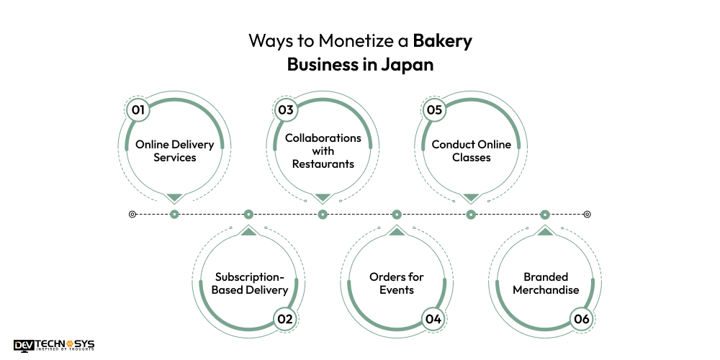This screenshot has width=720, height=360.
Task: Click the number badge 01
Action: (x=136, y=109)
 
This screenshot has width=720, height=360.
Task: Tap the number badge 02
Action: (x=285, y=318)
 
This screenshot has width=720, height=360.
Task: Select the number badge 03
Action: (x=285, y=109)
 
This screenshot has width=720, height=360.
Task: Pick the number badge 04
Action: (x=433, y=318)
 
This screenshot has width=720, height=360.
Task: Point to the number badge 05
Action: (x=433, y=109)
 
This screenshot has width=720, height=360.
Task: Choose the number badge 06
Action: (x=580, y=318)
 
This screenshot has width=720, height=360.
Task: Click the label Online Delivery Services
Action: (x=175, y=150)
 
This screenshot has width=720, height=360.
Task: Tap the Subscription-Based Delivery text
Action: (x=249, y=284)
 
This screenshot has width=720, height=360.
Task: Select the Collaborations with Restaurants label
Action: (x=323, y=150)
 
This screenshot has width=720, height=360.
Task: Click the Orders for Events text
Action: (x=397, y=284)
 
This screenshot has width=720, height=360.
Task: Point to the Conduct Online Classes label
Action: (x=471, y=150)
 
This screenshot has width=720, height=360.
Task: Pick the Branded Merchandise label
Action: (x=545, y=284)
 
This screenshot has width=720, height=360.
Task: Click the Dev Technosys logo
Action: (x=54, y=346)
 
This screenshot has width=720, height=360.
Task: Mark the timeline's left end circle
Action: (x=132, y=214)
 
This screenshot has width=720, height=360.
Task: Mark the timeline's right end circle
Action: (x=587, y=214)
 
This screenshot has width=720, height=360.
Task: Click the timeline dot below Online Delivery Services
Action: (x=174, y=214)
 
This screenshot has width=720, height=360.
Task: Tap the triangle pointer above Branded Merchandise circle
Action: (x=545, y=231)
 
